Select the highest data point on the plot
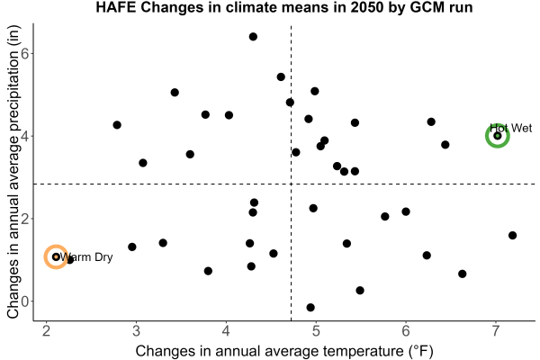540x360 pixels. click(x=253, y=37)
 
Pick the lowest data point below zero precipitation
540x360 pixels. click(x=310, y=307)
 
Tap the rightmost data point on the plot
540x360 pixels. click(x=512, y=235)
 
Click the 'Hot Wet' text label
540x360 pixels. click(x=510, y=128)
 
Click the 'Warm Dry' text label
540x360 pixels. click(x=86, y=257)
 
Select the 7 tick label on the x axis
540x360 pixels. click(x=496, y=331)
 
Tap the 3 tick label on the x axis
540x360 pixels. click(x=137, y=331)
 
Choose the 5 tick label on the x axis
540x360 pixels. click(x=316, y=331)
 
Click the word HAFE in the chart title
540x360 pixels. click(x=116, y=7)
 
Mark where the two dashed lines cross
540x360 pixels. click(x=292, y=184)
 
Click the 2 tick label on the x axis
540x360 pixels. click(x=47, y=331)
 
